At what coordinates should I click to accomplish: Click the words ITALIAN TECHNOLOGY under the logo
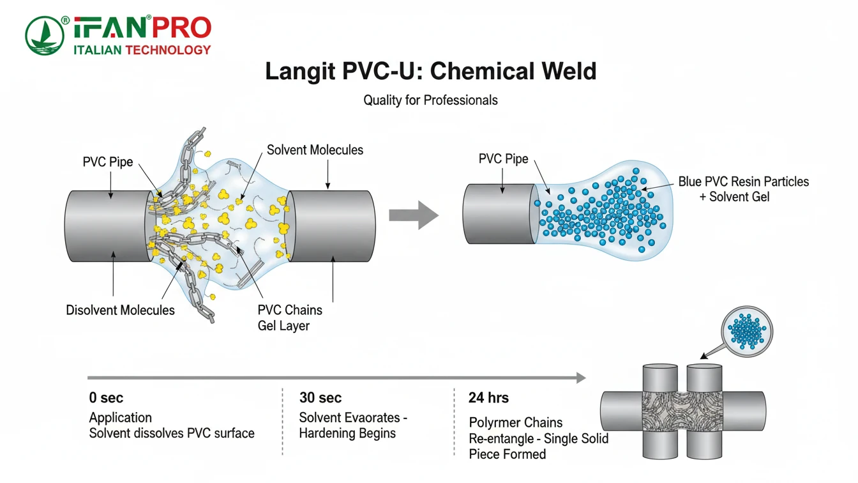pos(142,50)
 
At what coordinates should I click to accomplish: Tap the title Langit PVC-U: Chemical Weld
pos(430,70)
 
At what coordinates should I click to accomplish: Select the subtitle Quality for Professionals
pos(430,100)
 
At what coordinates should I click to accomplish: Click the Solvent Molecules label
pos(315,150)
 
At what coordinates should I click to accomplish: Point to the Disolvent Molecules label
pos(120,310)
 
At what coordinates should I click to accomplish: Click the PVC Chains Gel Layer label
pos(290,318)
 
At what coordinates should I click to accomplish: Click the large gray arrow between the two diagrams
pos(414,215)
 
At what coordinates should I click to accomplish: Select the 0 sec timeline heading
pos(106,398)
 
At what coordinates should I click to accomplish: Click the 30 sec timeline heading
pos(320,398)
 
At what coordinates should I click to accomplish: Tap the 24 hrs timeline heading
pos(488,398)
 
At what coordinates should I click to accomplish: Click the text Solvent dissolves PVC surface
pos(172,433)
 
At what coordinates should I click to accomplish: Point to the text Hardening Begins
pos(347,433)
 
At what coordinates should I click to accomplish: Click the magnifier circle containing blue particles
pos(746,329)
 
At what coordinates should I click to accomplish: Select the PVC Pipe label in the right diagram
pos(503,159)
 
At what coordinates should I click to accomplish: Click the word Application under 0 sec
pos(121,418)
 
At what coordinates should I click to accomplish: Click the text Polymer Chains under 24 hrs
pos(516,422)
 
